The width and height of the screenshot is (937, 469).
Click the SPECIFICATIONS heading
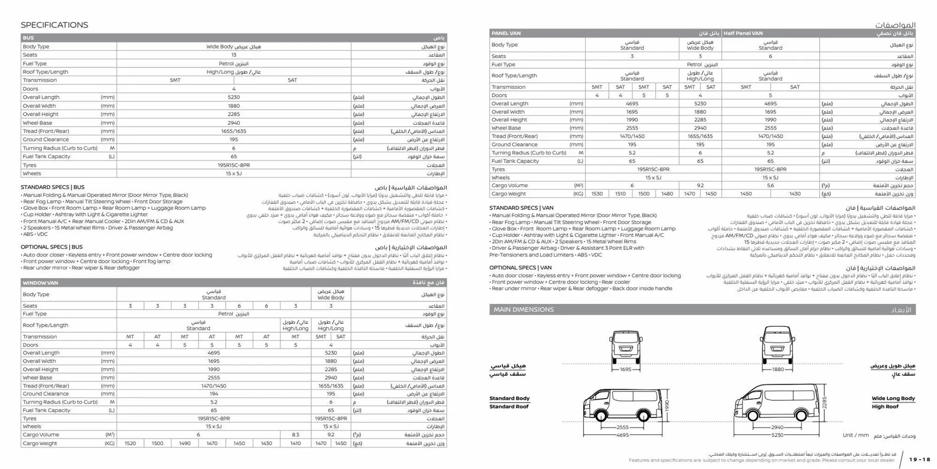[54, 25]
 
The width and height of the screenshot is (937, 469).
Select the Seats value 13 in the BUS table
[234, 55]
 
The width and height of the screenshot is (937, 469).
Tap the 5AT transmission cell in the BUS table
[292, 80]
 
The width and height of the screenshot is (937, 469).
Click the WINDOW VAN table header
[41, 283]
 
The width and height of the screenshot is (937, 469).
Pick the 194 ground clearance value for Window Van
[214, 394]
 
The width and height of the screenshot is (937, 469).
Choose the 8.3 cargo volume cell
[295, 435]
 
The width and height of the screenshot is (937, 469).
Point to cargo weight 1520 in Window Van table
[130, 444]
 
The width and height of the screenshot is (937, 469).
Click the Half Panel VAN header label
[743, 33]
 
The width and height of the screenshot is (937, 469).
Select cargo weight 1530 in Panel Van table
[597, 194]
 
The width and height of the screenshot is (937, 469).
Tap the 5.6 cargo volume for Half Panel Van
[770, 186]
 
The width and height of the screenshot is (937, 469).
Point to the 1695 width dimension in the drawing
[626, 370]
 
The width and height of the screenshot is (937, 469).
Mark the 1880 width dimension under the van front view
[778, 370]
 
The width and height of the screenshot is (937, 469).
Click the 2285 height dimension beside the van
[824, 403]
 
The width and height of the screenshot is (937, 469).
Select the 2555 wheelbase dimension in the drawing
[623, 427]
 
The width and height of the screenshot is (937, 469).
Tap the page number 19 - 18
[919, 460]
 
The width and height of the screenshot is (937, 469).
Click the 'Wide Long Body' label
[893, 399]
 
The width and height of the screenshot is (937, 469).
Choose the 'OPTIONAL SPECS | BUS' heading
[52, 247]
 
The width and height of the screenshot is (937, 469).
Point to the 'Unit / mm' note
[856, 435]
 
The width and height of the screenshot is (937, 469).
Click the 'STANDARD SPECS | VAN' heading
[521, 208]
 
